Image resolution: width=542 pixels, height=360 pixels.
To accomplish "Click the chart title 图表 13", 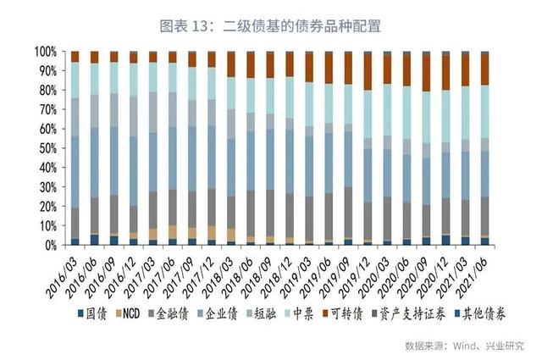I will [x=270, y=26].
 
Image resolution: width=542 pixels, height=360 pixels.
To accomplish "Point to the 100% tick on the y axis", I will [x=47, y=52].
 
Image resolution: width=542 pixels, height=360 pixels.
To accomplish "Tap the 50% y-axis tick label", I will [x=49, y=148].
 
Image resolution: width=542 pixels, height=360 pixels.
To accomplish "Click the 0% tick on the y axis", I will [x=53, y=245].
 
